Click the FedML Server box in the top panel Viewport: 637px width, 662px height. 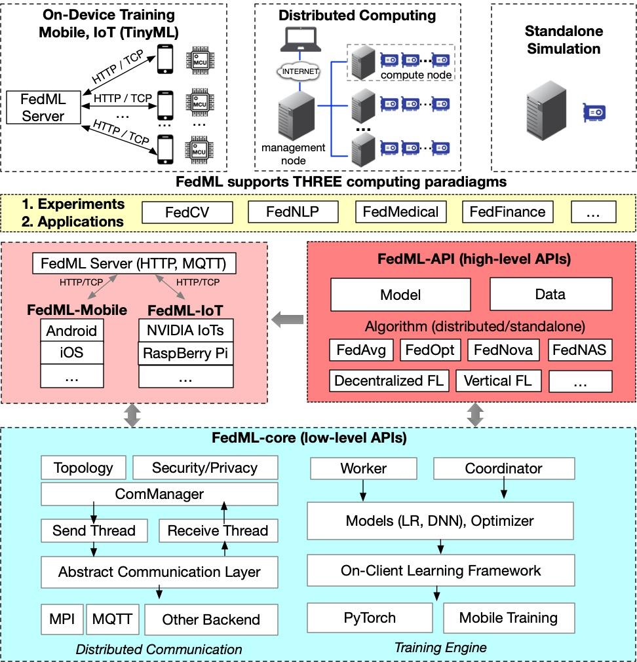[x=43, y=107]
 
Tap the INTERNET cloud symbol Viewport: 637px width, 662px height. [x=300, y=71]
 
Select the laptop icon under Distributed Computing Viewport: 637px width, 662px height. [x=299, y=40]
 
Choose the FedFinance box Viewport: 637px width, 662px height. [x=507, y=211]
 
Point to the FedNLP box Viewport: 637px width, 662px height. [x=293, y=211]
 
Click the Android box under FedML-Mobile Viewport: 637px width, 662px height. [x=71, y=331]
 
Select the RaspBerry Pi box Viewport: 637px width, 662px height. [x=185, y=354]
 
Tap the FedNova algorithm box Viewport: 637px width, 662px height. [x=503, y=350]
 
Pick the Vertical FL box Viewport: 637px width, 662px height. [x=497, y=380]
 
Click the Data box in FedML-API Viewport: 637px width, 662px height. [x=550, y=294]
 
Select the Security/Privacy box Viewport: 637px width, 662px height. [x=204, y=468]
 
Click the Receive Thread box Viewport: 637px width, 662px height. [x=218, y=530]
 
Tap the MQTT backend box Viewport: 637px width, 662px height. [x=112, y=619]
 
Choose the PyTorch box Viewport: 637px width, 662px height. [x=370, y=617]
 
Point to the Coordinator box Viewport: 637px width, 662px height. [x=503, y=468]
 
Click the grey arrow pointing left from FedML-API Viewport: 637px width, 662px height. [x=288, y=320]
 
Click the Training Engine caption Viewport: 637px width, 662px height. [x=440, y=648]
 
